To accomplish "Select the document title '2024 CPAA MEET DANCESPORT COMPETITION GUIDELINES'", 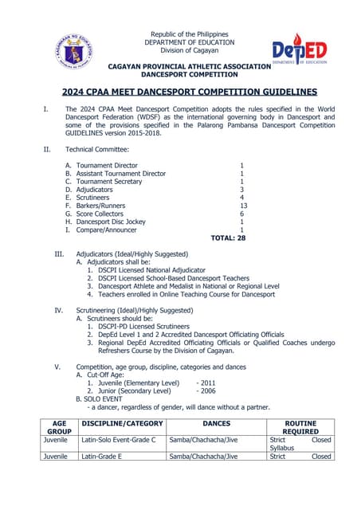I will pos(189,92).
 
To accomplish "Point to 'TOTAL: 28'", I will pos(228,237).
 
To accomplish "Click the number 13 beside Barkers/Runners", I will pos(243,206).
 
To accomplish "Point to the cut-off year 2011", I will pos(208,382).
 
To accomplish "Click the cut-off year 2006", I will pos(208,391).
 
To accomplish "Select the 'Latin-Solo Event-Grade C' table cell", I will pos(122,440).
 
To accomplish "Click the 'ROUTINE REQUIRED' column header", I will pos(300,428).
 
